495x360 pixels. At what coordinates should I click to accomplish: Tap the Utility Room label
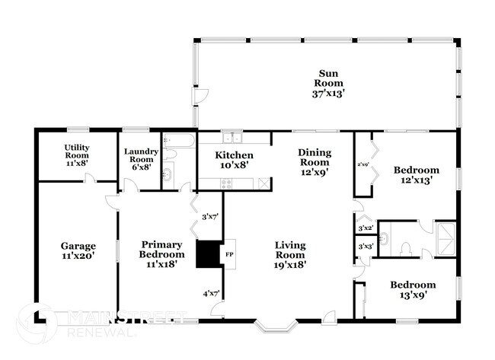(76, 156)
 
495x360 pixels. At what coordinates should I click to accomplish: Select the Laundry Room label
(141, 158)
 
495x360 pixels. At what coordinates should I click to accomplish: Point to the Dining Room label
(314, 162)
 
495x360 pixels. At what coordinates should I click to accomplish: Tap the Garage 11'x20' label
(78, 251)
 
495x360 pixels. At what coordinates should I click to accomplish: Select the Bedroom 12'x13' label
(416, 175)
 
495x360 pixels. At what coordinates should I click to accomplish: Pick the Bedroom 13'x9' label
(413, 290)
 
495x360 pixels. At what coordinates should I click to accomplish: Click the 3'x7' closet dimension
(210, 217)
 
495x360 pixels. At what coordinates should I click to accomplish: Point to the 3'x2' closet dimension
(366, 228)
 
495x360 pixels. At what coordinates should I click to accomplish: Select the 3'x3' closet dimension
(366, 247)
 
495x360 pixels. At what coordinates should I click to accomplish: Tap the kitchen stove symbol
(225, 183)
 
